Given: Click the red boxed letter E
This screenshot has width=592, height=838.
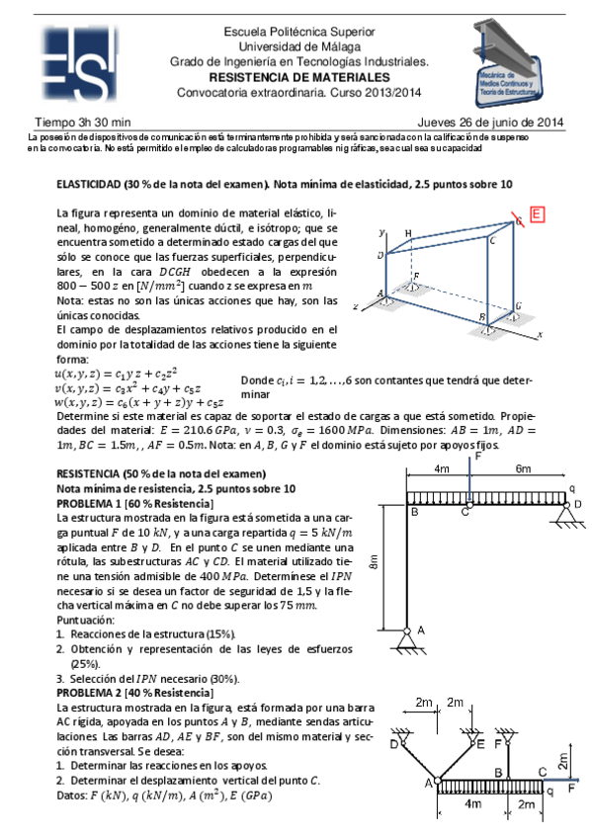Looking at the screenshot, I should [536, 213].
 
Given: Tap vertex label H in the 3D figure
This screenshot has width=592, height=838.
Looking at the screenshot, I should [408, 232].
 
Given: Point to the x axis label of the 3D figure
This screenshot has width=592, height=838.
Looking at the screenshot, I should [542, 335].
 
